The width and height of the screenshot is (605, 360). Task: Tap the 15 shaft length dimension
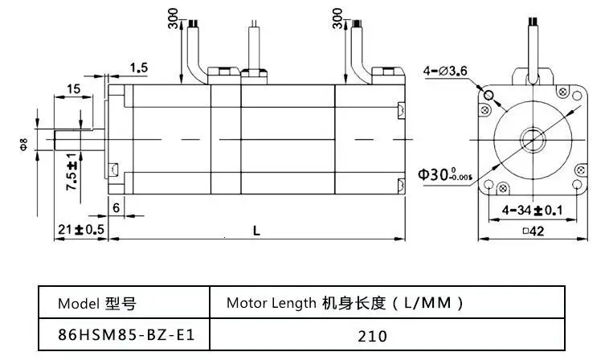[73, 89]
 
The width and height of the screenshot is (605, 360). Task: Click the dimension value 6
[117, 207]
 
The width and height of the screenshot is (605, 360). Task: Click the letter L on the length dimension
[255, 230]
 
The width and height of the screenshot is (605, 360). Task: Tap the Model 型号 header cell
[96, 304]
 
